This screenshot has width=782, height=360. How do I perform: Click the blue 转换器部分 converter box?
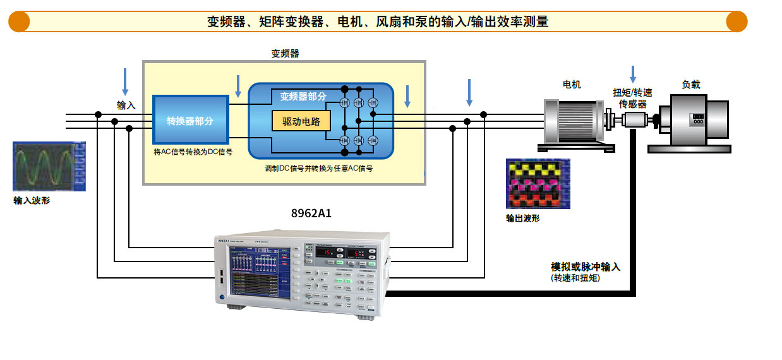click(190, 121)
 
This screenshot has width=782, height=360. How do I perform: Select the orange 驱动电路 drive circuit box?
click(301, 121)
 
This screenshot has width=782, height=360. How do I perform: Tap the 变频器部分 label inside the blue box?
click(303, 97)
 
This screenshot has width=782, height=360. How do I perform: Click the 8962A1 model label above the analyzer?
click(311, 213)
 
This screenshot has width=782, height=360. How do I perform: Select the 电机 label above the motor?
click(572, 85)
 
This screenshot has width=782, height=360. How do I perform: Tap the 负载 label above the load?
click(690, 85)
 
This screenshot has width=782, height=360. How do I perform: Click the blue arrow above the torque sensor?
click(633, 73)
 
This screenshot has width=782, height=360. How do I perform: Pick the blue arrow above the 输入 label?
click(125, 81)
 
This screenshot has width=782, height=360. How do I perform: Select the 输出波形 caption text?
click(523, 219)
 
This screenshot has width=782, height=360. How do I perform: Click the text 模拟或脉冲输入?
click(586, 267)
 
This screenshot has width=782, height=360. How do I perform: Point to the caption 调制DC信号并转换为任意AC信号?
click(319, 169)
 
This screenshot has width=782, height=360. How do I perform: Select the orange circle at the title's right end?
click(737, 21)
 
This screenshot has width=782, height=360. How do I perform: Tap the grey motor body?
click(572, 121)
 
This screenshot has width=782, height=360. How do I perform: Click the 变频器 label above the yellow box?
click(285, 54)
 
